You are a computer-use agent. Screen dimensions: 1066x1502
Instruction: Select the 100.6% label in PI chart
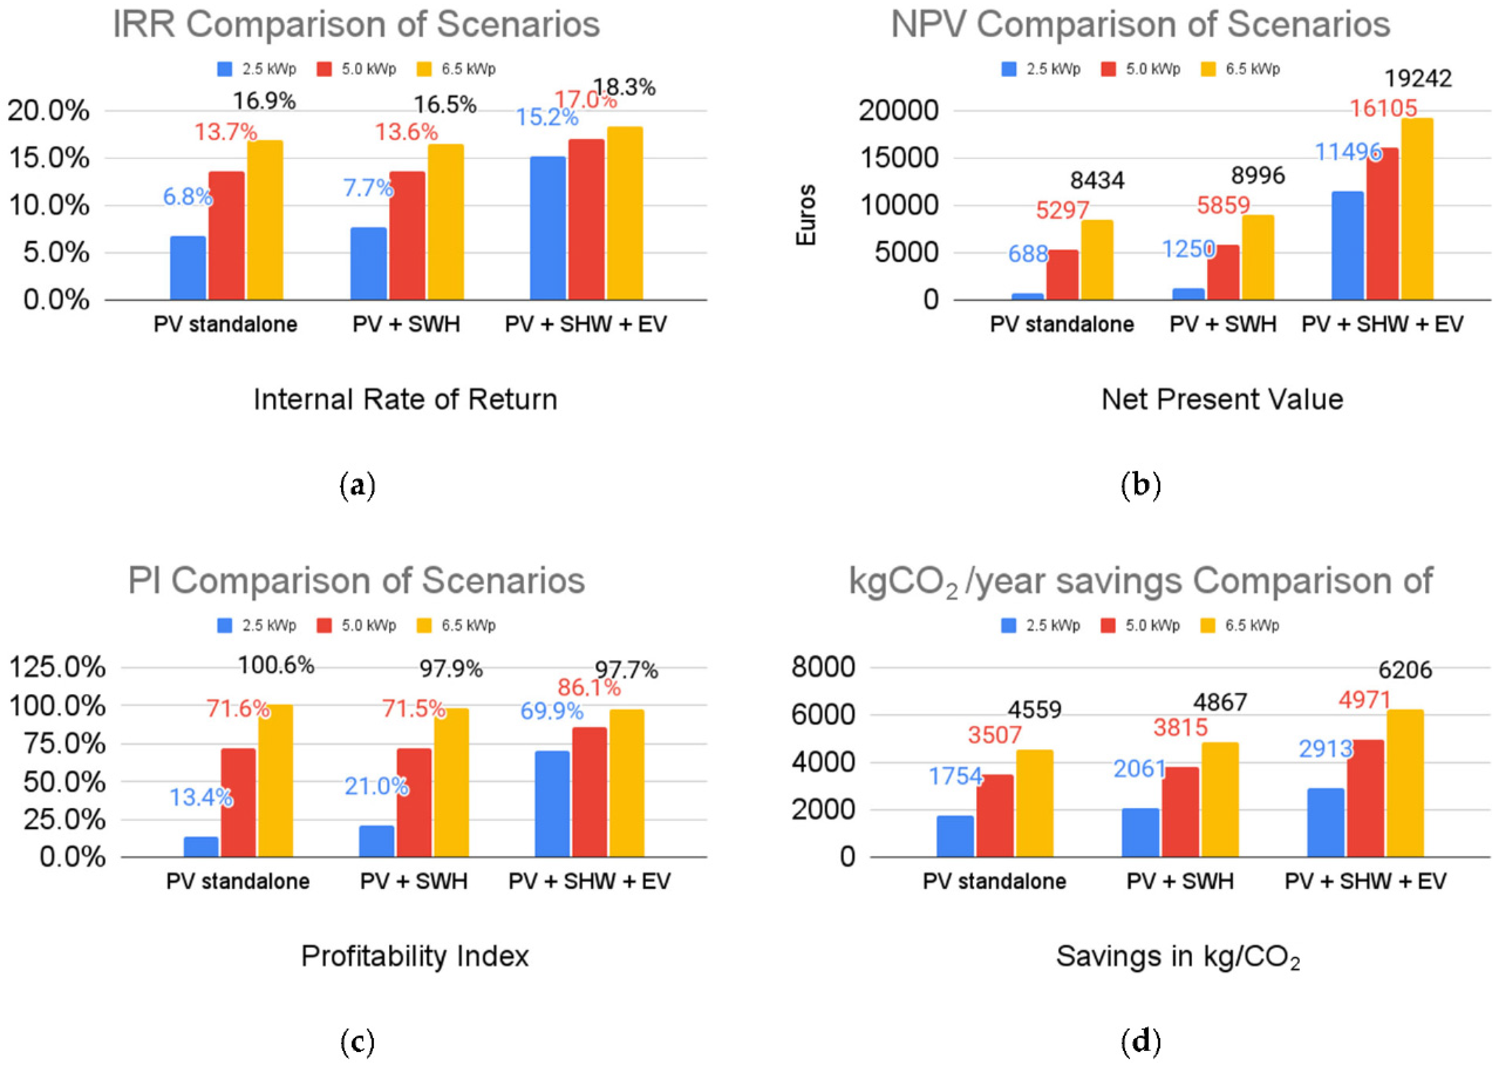tap(276, 666)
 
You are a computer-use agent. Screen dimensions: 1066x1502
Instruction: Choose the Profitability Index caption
tap(415, 956)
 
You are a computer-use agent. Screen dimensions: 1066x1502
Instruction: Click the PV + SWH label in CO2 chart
tap(1180, 881)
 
